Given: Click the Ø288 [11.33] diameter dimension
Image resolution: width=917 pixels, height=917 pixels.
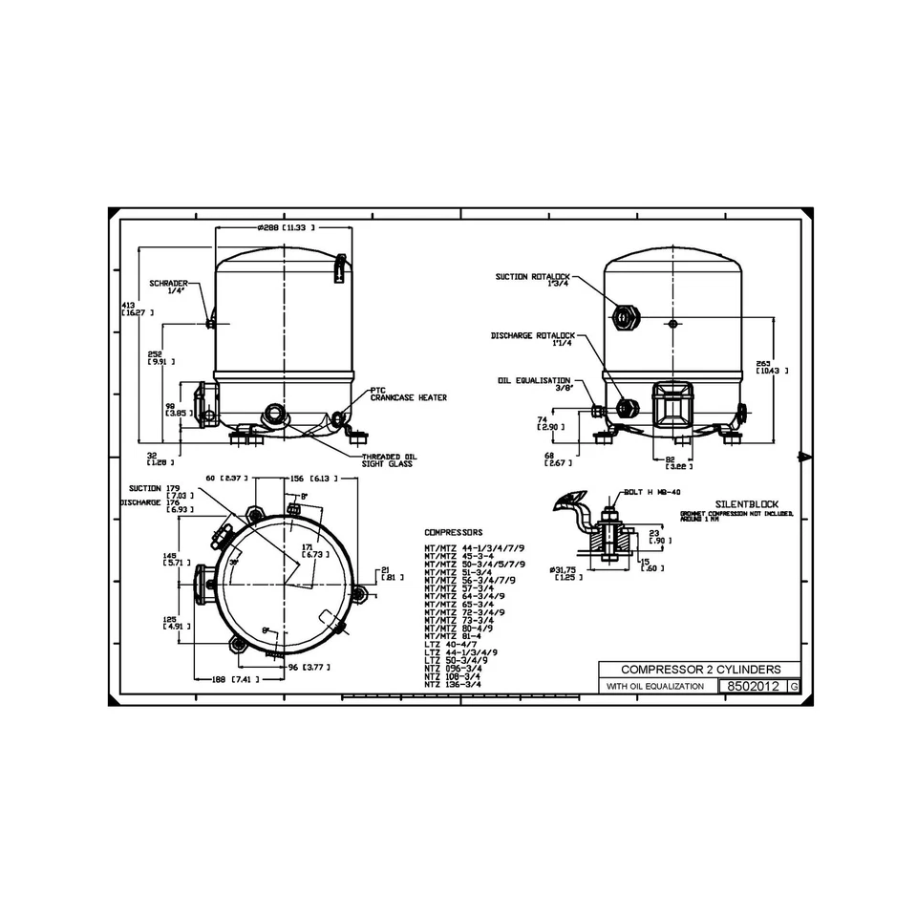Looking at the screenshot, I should click(286, 228).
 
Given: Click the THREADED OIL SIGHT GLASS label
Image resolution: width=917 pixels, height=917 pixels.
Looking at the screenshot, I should click(387, 460).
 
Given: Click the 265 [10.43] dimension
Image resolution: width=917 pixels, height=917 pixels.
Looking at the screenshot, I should click(771, 366).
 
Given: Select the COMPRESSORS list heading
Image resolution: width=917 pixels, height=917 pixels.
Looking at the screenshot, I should click(453, 532).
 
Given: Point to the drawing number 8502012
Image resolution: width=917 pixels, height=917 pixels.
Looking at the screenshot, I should click(753, 687).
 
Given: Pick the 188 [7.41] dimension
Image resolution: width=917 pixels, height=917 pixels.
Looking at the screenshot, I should click(226, 679).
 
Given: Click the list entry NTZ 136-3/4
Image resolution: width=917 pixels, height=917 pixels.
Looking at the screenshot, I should click(453, 684).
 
